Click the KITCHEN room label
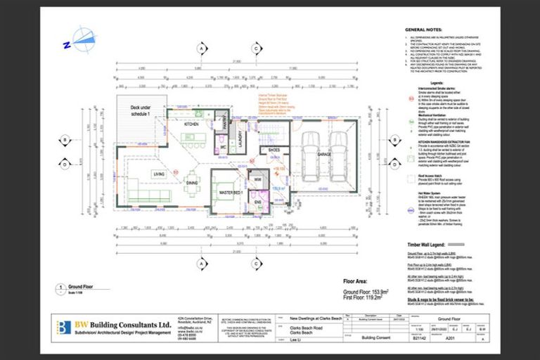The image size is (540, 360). pos(192,124)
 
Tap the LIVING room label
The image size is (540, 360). pos(159,173)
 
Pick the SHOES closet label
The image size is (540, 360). pos(274,150)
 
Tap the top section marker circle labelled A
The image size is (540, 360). pos(201,48)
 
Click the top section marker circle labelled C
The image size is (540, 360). pos(258,48)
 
